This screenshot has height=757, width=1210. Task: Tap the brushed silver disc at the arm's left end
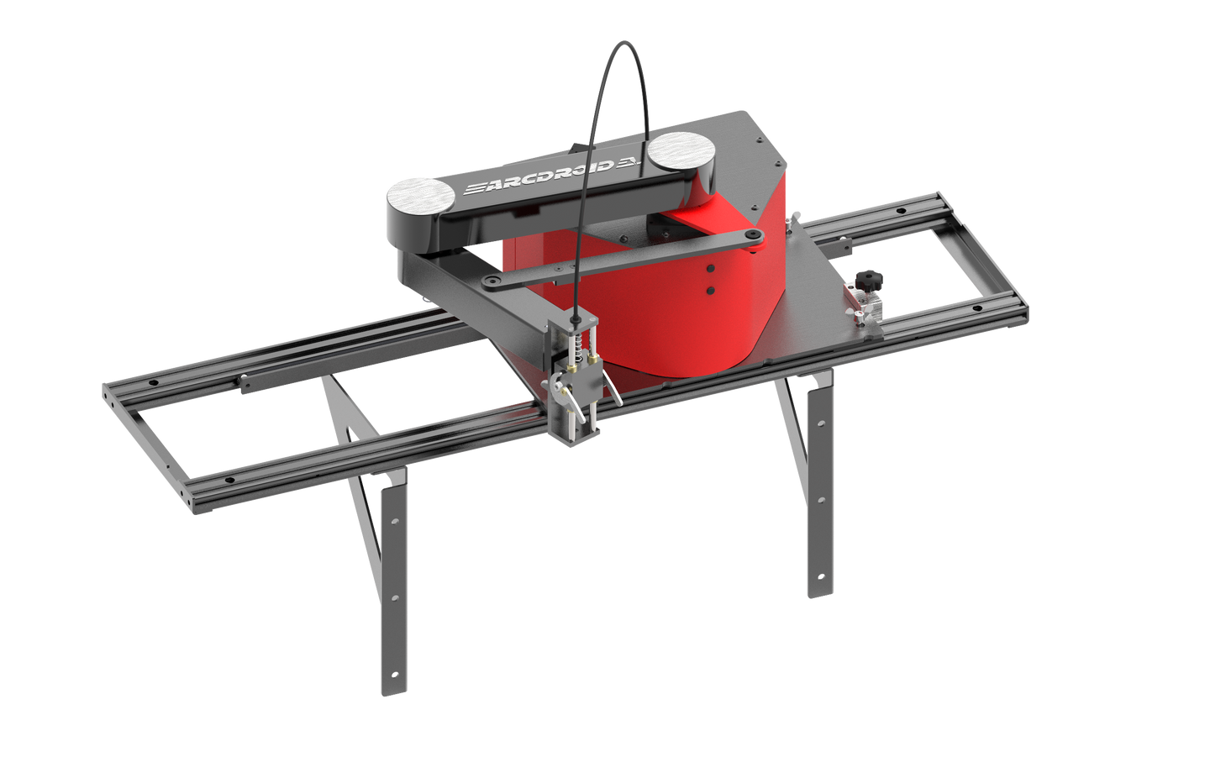419,197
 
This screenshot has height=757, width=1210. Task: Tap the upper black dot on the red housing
710,270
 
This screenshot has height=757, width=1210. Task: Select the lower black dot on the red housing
710,290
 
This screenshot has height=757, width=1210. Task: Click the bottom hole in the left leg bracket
394,675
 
